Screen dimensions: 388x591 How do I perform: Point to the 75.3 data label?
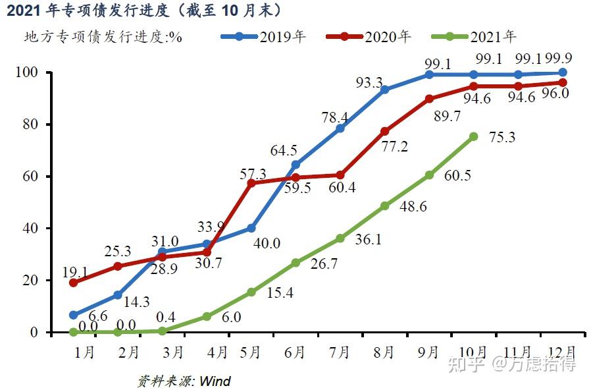(502, 138)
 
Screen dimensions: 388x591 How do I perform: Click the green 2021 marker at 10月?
(474, 136)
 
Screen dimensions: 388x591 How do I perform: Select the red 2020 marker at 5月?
(251, 182)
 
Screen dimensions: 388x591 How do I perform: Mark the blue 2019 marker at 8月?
(385, 90)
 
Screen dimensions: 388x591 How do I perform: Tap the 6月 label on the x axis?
(295, 352)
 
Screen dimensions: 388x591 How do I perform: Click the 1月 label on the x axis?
(85, 352)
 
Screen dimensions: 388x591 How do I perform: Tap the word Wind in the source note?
(215, 381)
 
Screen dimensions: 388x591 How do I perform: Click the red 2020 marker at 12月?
(563, 82)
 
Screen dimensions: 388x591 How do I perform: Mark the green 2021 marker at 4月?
(207, 316)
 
